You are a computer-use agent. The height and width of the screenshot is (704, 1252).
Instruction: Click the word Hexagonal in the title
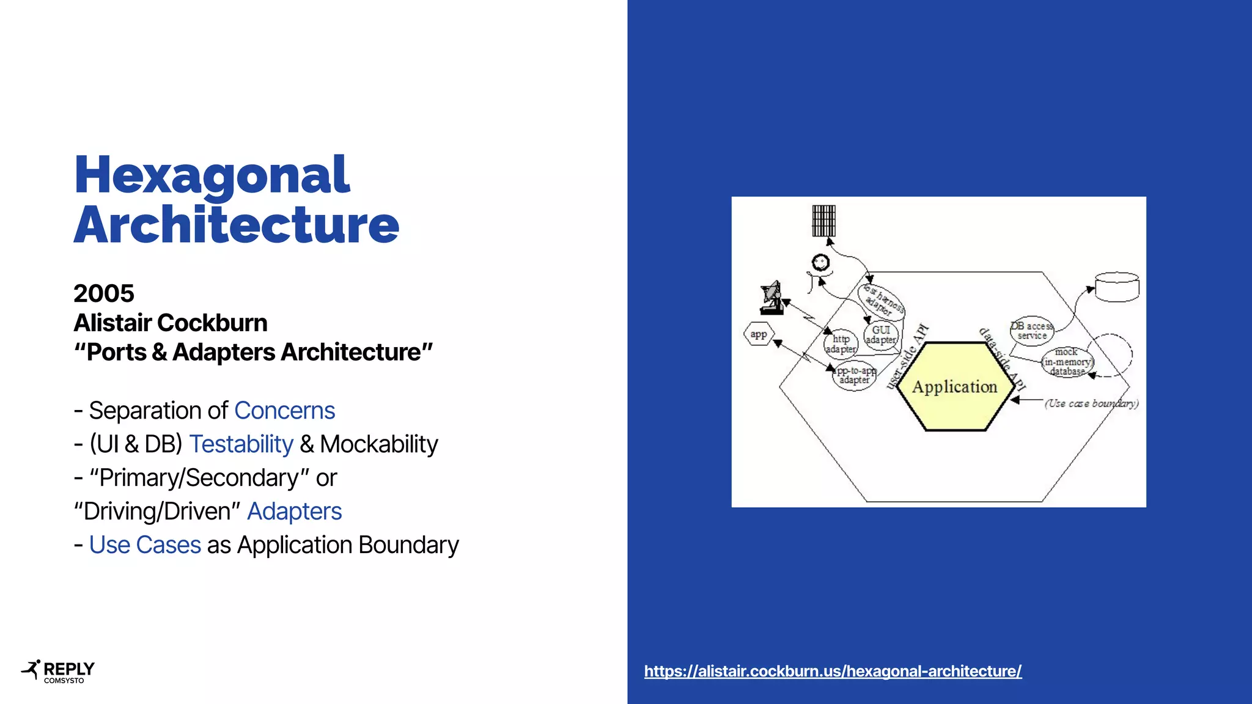(212, 176)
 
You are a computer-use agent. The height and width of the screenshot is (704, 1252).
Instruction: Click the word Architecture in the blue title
(236, 225)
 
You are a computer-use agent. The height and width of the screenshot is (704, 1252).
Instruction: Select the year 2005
(104, 293)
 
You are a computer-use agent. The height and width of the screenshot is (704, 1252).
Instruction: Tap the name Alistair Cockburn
(171, 323)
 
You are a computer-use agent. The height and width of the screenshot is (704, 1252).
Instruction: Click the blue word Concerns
(284, 411)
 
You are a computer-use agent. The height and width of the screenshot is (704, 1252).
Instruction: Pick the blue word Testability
(241, 444)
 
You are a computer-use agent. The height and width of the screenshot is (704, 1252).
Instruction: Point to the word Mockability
(378, 444)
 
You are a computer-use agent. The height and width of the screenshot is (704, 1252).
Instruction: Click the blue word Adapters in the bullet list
(294, 512)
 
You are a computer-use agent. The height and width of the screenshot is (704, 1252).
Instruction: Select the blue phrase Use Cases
(145, 545)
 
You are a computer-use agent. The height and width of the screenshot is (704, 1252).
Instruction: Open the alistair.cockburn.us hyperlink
(833, 671)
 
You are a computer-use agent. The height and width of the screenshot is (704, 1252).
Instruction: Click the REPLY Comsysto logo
(58, 671)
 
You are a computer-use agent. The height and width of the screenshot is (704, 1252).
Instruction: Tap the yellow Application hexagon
(954, 386)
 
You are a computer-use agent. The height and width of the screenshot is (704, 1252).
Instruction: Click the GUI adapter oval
(881, 334)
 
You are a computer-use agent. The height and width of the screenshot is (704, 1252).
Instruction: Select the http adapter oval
(841, 343)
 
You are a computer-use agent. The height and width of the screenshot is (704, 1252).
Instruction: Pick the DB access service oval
(1031, 331)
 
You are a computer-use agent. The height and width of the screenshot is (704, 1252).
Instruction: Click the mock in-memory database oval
(1067, 362)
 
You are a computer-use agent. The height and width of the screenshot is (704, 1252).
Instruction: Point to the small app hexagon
(759, 334)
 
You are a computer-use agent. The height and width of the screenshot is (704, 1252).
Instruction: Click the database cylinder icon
(1117, 287)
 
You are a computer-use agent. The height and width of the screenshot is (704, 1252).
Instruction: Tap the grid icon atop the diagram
(823, 221)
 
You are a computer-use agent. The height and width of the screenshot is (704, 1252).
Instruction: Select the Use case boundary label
(1091, 403)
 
